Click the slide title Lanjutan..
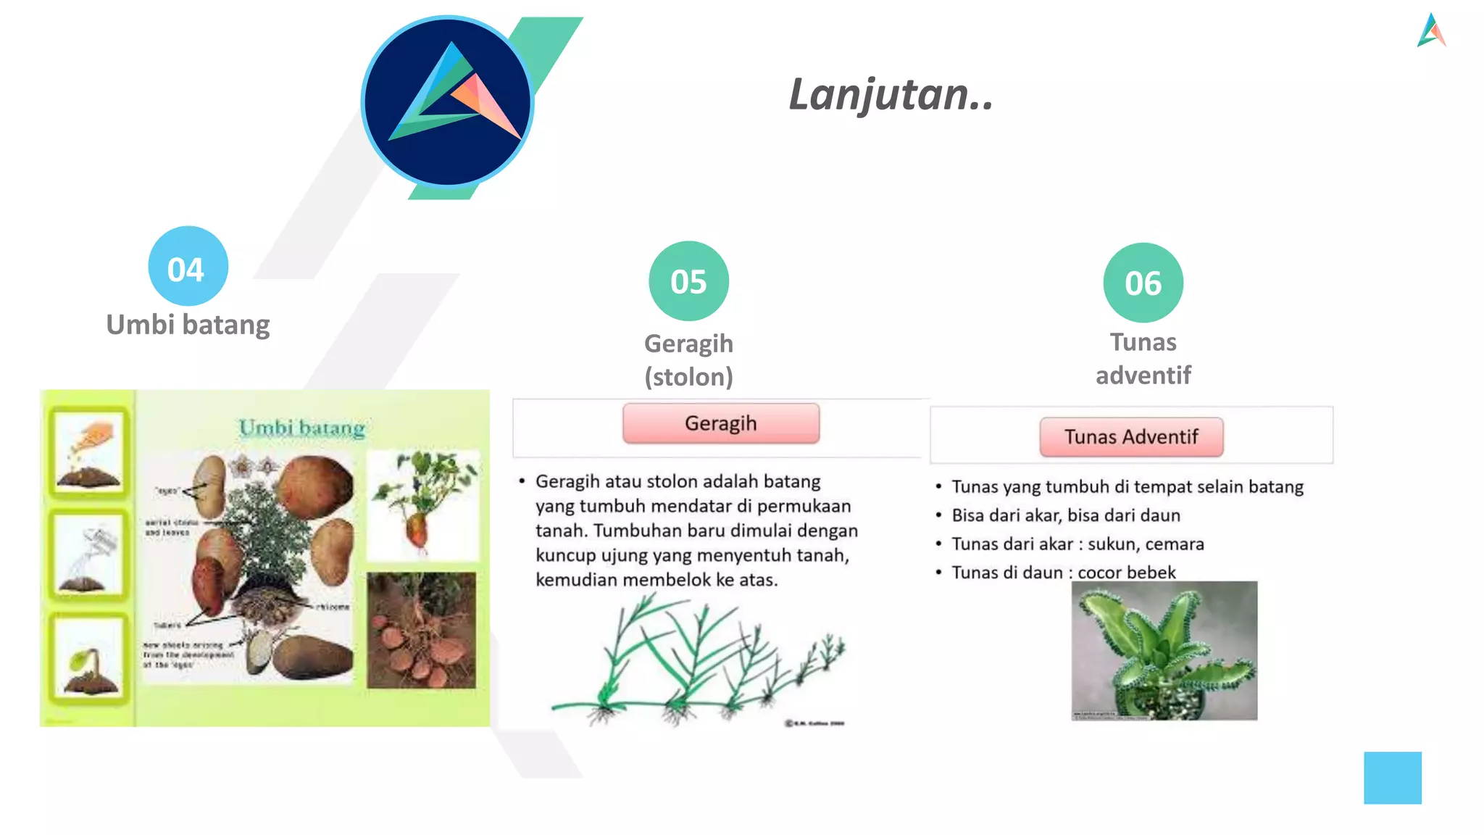891,95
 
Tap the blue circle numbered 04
188,266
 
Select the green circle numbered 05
688,281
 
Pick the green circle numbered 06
1143,283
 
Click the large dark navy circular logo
448,101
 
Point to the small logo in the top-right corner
1431,30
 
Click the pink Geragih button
720,423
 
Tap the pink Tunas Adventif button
1130,437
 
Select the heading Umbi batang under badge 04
188,325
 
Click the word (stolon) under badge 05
688,377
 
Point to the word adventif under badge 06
1143,375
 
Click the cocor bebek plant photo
1164,650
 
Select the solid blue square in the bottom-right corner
1392,778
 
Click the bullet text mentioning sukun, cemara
1077,544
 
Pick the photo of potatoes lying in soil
421,630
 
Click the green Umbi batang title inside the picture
301,428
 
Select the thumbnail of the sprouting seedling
89,658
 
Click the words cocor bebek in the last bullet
1126,573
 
